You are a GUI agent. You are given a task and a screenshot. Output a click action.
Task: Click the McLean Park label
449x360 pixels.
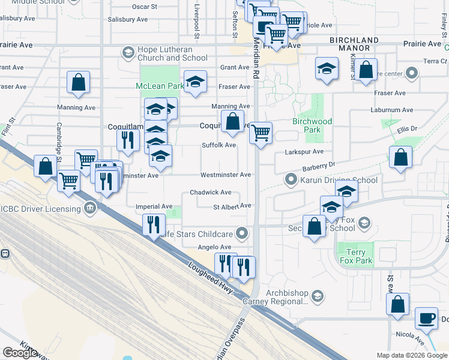coord(159,86)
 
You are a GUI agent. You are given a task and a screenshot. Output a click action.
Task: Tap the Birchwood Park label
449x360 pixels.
coord(312,125)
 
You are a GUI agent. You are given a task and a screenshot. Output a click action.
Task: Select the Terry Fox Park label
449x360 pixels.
coord(355,256)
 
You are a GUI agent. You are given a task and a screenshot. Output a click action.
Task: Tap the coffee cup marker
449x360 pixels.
coord(426,319)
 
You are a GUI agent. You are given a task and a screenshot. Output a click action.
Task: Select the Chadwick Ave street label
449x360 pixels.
coord(210,193)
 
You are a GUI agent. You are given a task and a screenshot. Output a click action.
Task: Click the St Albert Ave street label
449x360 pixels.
coord(232,206)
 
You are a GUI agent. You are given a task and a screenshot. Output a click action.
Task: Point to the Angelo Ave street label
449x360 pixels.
coord(214,247)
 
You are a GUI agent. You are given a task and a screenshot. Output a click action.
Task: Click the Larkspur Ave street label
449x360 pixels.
coord(306,152)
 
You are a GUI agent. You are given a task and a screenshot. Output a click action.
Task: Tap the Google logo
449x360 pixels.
coord(20,352)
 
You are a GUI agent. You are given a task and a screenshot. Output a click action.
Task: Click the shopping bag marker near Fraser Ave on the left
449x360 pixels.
coord(79,83)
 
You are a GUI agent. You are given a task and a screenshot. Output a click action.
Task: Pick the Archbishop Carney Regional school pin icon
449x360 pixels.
coord(318,295)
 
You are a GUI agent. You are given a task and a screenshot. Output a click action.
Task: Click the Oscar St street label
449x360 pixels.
coord(145,7)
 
